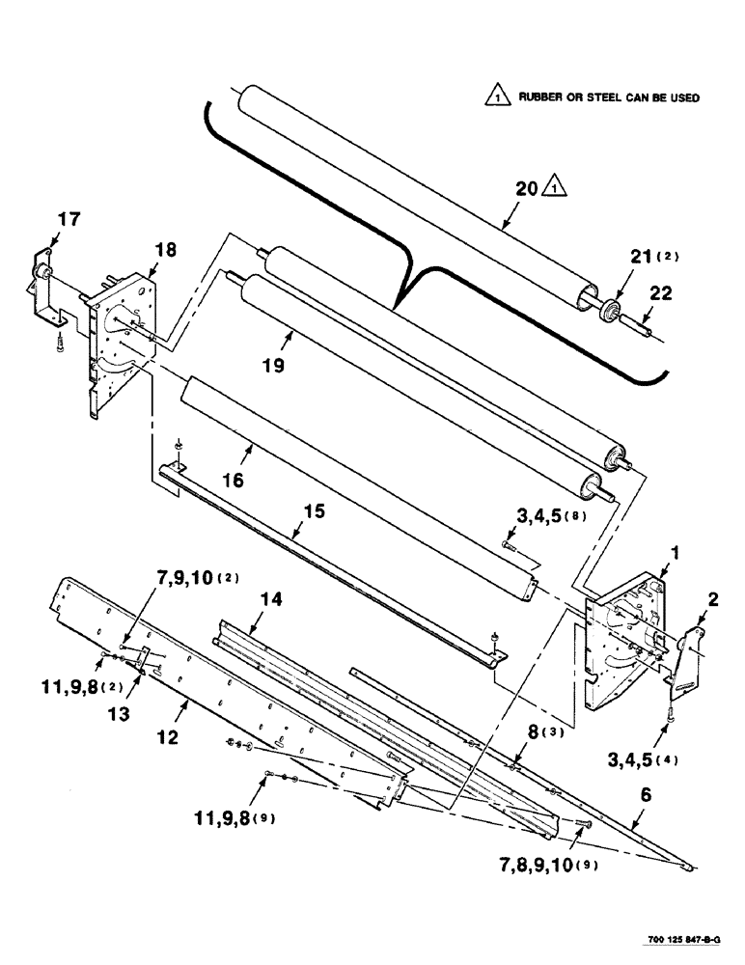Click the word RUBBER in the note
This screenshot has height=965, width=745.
coord(541,97)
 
